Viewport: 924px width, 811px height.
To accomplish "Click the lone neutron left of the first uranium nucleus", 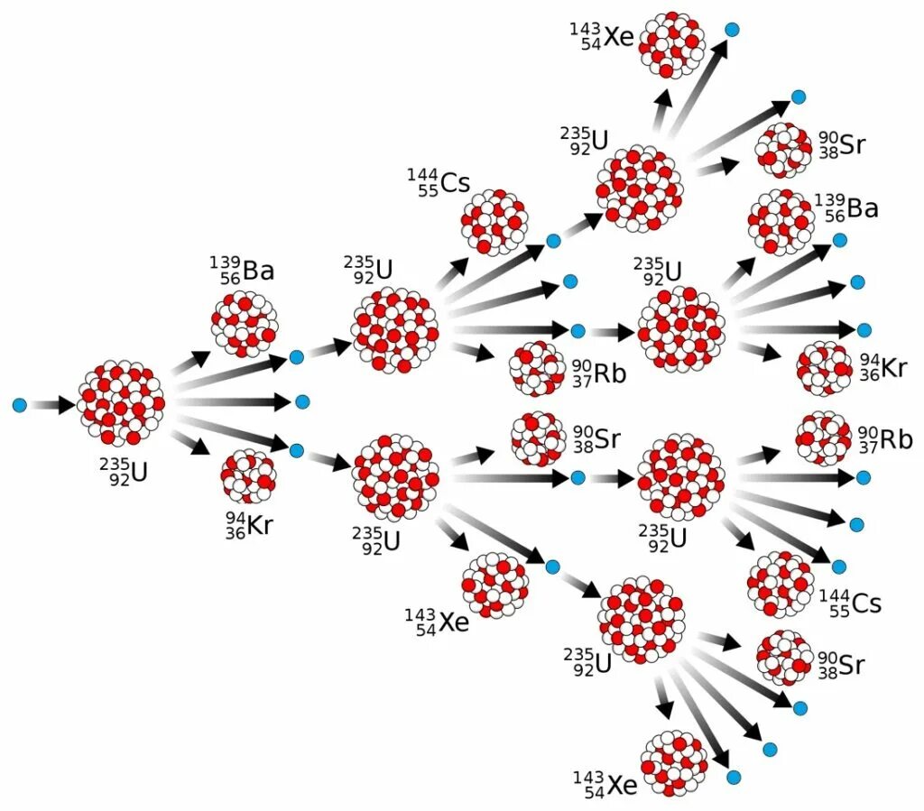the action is [x=20, y=405].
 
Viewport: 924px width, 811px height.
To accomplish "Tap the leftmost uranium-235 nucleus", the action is [x=120, y=403].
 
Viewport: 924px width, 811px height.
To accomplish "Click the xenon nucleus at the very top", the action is [x=673, y=44].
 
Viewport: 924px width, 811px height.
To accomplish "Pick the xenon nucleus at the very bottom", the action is [x=673, y=763].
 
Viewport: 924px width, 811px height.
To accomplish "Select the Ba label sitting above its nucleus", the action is [x=242, y=270].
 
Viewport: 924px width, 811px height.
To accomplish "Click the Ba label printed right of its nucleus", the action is [x=845, y=208].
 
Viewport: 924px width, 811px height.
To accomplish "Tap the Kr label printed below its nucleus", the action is [x=248, y=524].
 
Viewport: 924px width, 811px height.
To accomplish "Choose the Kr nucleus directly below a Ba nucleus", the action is [x=824, y=367].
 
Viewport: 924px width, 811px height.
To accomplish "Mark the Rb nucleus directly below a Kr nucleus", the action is [x=823, y=438].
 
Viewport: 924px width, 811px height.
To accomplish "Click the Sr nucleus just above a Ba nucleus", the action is [x=783, y=151].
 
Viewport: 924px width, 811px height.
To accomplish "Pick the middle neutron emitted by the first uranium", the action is [x=302, y=401].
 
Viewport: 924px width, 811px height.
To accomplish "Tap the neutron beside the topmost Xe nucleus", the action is [x=733, y=29].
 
